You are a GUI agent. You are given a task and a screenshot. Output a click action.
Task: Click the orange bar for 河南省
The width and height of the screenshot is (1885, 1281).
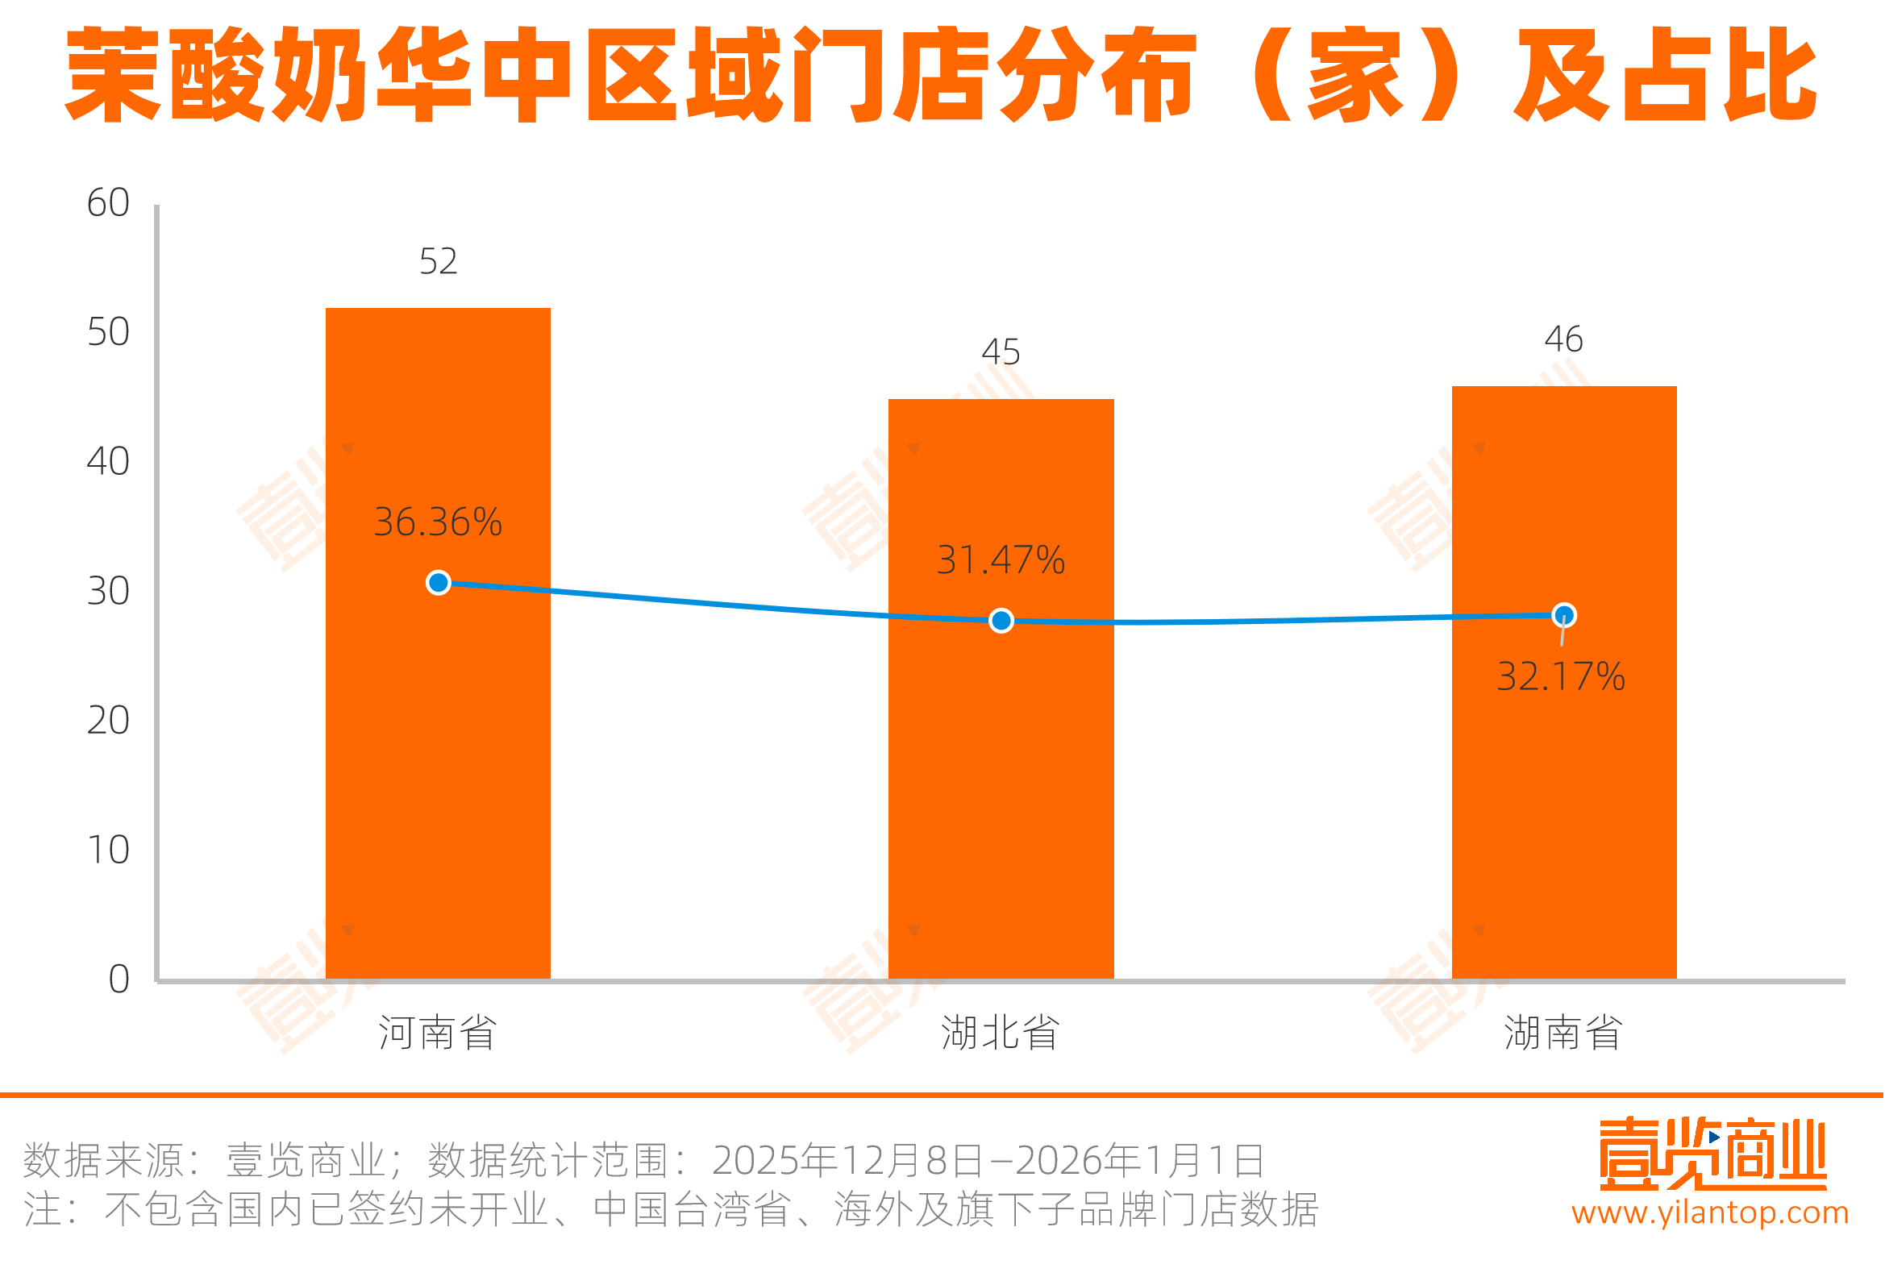[438, 730]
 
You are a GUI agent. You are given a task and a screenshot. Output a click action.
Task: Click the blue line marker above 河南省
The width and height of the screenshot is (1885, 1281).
[439, 583]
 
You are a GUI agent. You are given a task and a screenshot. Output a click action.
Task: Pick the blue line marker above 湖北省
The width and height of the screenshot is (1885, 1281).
[1001, 621]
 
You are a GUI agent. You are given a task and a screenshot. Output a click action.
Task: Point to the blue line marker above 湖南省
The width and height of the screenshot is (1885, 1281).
[1564, 616]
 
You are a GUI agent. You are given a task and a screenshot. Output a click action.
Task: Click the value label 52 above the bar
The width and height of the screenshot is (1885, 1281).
[438, 261]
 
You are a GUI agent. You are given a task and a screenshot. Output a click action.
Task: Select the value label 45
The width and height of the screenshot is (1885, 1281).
[1001, 352]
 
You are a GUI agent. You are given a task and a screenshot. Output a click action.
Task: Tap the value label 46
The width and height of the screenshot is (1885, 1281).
[1563, 339]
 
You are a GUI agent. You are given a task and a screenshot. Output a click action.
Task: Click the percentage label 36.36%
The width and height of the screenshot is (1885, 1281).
[438, 522]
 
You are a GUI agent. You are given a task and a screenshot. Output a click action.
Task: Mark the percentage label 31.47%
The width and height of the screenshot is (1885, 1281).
[1001, 559]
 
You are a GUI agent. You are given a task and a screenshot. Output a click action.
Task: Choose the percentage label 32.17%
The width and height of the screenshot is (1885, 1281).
[1561, 676]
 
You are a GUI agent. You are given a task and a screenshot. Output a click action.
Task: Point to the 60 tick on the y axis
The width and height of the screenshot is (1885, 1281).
[108, 203]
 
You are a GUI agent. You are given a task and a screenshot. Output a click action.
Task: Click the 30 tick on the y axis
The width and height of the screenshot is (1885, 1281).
[108, 592]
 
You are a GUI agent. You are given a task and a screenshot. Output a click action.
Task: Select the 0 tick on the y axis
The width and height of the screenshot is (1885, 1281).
[119, 979]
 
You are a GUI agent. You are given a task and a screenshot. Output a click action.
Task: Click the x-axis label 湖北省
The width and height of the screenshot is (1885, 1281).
[1000, 1033]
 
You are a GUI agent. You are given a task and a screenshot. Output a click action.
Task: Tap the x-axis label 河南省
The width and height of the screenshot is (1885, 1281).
[438, 1033]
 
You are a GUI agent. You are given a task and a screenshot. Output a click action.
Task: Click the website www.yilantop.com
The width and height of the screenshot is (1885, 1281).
[1710, 1212]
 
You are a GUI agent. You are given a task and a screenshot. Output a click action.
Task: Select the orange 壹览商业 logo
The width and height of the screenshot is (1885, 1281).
[1712, 1153]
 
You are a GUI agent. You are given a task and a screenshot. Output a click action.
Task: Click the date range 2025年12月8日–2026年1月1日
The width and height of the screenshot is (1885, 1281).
[988, 1160]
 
